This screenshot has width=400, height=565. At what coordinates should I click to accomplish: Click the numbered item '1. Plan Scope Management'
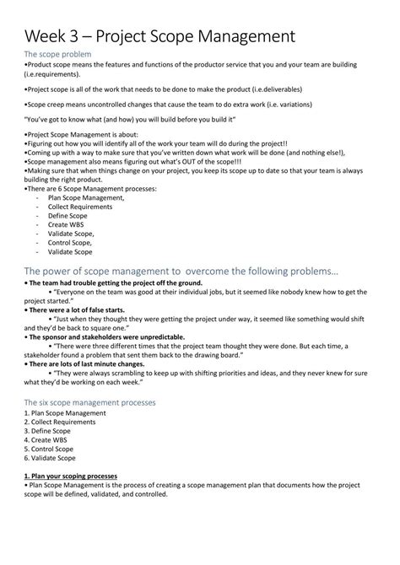(65, 413)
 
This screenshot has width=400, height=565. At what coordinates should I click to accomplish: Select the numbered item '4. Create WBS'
(47, 439)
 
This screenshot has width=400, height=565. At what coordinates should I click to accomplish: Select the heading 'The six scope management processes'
(89, 402)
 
